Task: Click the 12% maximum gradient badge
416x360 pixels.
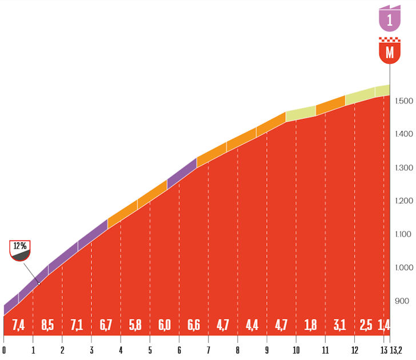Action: click(x=20, y=250)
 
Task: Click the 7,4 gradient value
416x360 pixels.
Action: click(x=18, y=325)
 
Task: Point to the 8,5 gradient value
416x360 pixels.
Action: click(x=47, y=325)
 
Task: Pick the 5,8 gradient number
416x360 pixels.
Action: click(x=135, y=325)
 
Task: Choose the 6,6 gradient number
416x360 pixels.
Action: click(x=194, y=325)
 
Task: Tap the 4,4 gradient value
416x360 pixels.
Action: click(x=252, y=325)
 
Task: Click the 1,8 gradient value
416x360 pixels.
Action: click(x=310, y=325)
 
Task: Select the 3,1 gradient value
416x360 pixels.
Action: click(x=339, y=325)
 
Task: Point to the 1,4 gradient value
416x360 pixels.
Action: click(x=384, y=325)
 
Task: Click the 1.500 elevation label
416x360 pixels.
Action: click(x=403, y=101)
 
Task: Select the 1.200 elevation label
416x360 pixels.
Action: click(x=403, y=201)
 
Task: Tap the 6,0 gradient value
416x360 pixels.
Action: click(x=165, y=325)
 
